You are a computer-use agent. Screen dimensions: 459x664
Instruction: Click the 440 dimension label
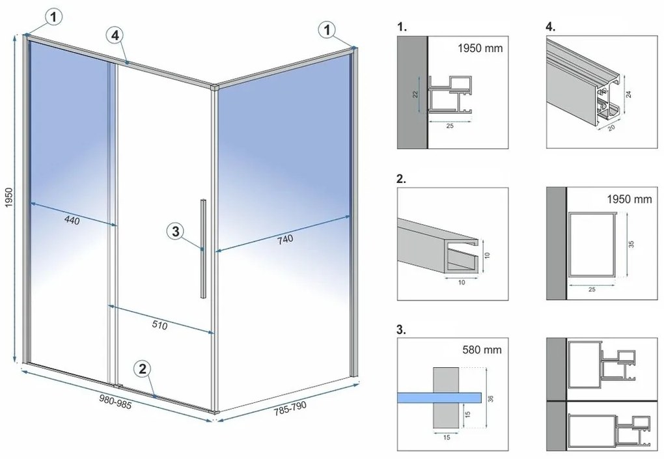(x=72, y=221)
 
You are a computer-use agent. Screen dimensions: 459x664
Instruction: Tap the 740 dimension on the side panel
(x=284, y=239)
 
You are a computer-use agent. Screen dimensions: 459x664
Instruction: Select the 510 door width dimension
(x=159, y=326)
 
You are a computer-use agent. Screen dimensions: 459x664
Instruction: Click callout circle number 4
(x=115, y=36)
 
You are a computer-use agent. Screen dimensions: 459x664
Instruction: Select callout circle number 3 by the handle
(x=174, y=230)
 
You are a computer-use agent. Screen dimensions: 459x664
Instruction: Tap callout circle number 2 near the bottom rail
(x=144, y=369)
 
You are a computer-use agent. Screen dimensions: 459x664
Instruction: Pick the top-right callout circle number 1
(x=327, y=29)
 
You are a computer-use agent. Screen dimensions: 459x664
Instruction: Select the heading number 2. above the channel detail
(x=402, y=178)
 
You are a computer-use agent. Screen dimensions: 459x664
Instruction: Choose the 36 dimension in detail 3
(x=490, y=399)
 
